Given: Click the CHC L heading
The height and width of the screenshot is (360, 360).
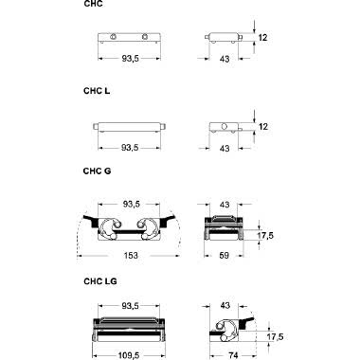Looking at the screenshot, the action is tap(97, 91).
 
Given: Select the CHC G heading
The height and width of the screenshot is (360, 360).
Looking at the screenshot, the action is tap(97, 171).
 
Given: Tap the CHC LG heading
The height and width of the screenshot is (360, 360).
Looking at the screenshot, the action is tap(100, 281).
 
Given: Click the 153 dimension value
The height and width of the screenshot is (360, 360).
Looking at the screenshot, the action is tap(131, 255).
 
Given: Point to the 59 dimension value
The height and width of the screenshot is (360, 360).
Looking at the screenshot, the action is tap(224, 255).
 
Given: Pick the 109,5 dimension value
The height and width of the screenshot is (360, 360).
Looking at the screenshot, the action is tap(129, 355).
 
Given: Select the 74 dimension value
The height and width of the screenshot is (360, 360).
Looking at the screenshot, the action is tap(233, 355).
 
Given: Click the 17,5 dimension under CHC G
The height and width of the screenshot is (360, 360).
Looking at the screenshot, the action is tap(265, 236).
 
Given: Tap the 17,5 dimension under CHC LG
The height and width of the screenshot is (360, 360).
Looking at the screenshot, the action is tap(276, 337).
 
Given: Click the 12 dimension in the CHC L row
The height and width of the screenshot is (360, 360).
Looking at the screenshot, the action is tap(263, 127).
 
